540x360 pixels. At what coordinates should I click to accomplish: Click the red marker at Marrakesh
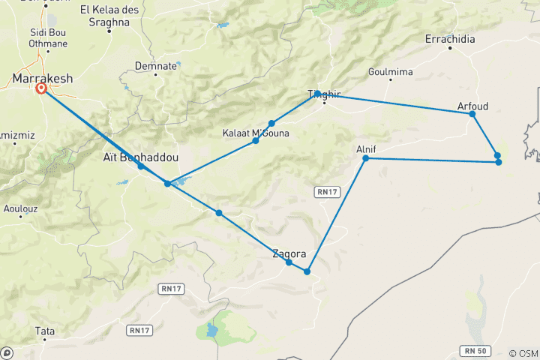pyautogui.click(x=41, y=88)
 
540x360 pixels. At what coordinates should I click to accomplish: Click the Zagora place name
pyautogui.click(x=289, y=253)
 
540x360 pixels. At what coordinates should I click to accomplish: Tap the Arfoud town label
pyautogui.click(x=472, y=106)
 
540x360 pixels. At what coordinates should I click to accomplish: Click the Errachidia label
pyautogui.click(x=450, y=39)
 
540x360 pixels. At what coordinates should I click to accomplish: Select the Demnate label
pyautogui.click(x=156, y=65)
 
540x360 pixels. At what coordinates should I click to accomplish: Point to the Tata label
pyautogui.click(x=44, y=330)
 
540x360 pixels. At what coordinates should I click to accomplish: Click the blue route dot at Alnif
pyautogui.click(x=365, y=158)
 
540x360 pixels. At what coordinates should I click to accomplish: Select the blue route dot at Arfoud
pyautogui.click(x=472, y=113)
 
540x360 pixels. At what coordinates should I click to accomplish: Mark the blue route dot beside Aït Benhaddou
pyautogui.click(x=140, y=166)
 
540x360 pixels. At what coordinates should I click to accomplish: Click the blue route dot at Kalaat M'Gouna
pyautogui.click(x=256, y=141)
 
